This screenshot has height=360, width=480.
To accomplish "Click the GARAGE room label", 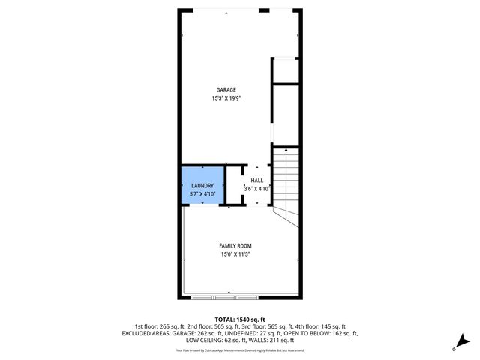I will click(x=226, y=90).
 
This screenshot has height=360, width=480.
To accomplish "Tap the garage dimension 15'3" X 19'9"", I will click(x=226, y=98).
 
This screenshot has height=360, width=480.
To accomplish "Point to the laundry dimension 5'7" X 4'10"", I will click(x=203, y=194).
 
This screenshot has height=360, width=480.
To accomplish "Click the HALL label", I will click(x=257, y=181).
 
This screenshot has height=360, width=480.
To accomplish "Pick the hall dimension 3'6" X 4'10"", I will click(x=257, y=189).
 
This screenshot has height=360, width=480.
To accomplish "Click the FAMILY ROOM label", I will click(x=235, y=246).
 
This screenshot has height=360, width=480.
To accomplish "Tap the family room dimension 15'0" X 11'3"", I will click(x=235, y=255).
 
